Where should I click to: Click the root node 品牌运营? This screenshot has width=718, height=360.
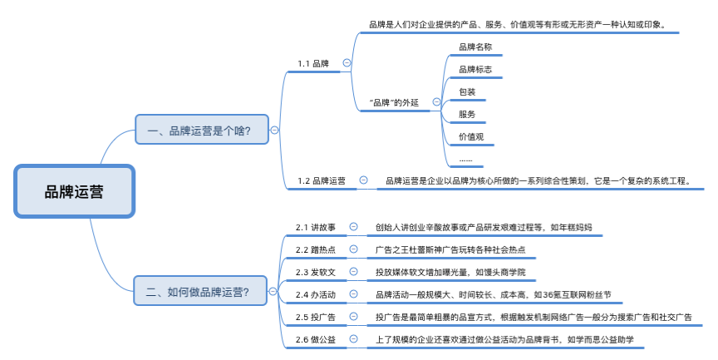click(x=74, y=192)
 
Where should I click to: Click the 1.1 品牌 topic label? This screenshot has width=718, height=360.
click(x=313, y=63)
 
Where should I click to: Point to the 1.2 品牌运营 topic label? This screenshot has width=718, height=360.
click(x=322, y=180)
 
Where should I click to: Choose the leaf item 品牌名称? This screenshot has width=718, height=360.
click(x=475, y=47)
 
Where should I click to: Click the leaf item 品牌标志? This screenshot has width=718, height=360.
click(x=475, y=69)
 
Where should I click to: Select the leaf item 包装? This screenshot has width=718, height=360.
click(x=467, y=91)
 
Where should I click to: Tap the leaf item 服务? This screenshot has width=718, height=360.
click(x=467, y=114)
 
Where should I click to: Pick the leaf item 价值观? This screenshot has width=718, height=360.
click(x=471, y=136)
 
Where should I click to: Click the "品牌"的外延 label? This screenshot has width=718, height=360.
click(x=394, y=102)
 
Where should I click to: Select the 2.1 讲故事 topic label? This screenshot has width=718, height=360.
click(x=316, y=226)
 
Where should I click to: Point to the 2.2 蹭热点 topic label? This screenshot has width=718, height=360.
click(x=316, y=249)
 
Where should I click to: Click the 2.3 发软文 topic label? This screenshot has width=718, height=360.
click(x=316, y=271)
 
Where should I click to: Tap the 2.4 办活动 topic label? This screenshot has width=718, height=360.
click(x=316, y=293)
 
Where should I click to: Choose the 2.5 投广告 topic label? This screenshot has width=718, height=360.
click(x=316, y=316)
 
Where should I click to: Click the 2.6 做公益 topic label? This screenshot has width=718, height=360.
click(x=316, y=338)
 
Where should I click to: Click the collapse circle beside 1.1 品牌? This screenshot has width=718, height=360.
click(x=347, y=63)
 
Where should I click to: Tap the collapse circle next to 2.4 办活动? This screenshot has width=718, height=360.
click(x=353, y=293)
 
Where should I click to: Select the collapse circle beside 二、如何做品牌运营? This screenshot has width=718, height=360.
click(x=273, y=291)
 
